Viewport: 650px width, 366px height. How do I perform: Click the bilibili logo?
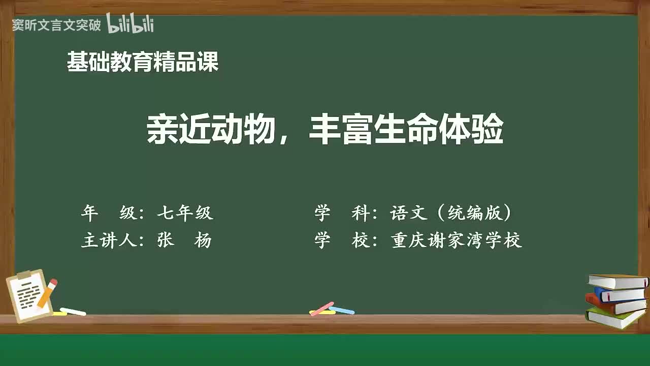point(130,24)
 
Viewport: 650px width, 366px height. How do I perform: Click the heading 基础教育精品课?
point(143,63)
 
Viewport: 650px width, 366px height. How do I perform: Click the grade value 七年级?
point(185,213)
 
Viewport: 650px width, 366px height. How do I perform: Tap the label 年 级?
point(109,213)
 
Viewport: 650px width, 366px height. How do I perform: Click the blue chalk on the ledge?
point(342,310)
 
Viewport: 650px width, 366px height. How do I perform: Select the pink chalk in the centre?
point(322,309)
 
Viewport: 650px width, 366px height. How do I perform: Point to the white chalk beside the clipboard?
point(73,311)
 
